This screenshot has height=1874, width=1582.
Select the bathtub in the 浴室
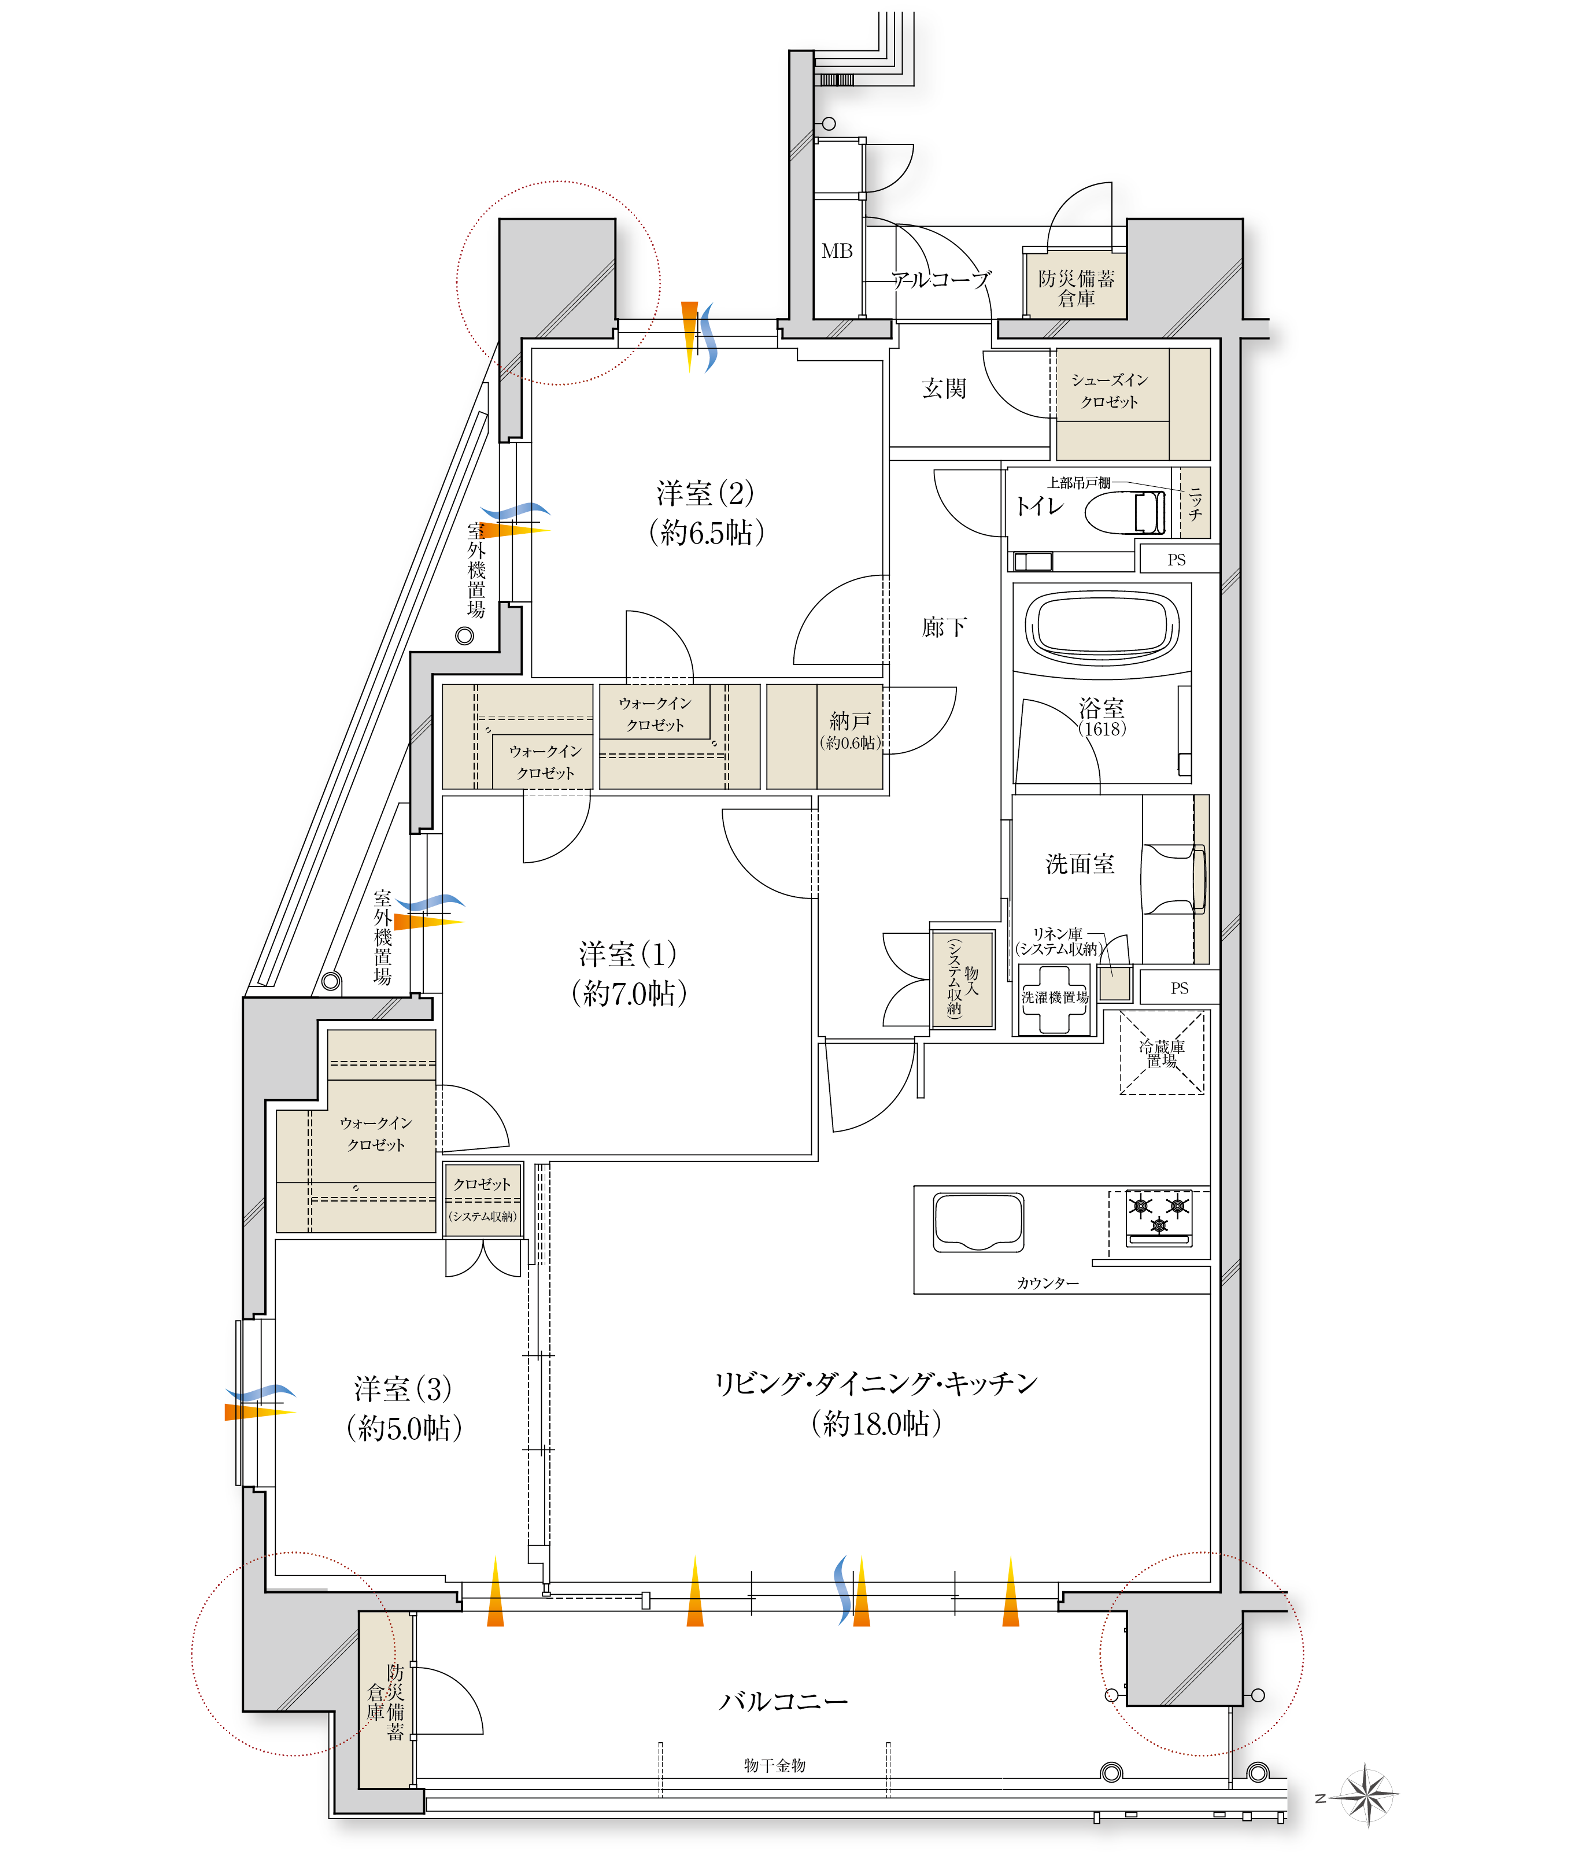(x=1102, y=626)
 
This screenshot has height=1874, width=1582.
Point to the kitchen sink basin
(x=978, y=1221)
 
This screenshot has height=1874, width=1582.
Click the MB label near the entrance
(x=837, y=251)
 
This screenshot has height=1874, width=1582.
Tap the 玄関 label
(x=944, y=388)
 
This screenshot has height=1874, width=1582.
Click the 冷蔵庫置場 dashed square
(x=1162, y=1053)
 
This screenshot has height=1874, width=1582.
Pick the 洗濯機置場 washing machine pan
(x=1055, y=998)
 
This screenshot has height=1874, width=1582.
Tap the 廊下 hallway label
(x=944, y=627)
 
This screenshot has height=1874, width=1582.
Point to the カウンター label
(x=1048, y=1283)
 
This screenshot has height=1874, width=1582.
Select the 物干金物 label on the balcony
(x=775, y=1765)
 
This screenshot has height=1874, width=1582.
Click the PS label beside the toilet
(x=1177, y=560)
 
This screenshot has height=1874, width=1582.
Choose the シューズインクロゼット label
(x=1110, y=391)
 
